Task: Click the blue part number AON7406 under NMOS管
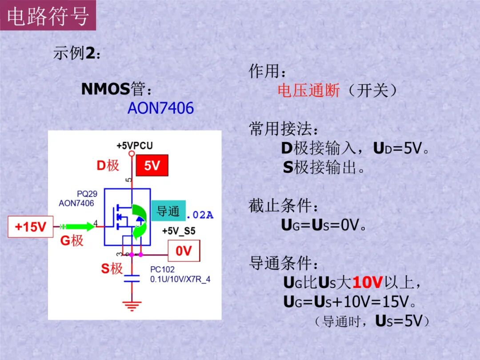click(160, 108)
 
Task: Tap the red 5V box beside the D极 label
click(152, 166)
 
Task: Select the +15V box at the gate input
click(31, 227)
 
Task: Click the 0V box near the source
click(184, 251)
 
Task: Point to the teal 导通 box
click(168, 211)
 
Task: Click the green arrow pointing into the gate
click(80, 227)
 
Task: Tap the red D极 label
click(108, 166)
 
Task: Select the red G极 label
click(72, 240)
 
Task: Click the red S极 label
click(112, 268)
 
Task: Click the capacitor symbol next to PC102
click(132, 278)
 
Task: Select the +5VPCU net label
click(135, 145)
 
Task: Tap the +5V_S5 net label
click(178, 231)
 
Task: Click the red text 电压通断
click(308, 91)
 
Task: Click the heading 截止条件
click(284, 206)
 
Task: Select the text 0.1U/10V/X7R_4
click(180, 279)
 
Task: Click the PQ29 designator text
click(87, 194)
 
